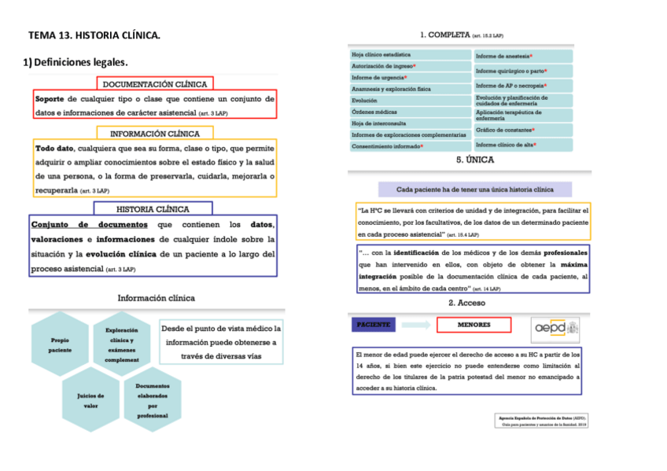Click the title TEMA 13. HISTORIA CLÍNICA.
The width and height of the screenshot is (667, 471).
point(94,35)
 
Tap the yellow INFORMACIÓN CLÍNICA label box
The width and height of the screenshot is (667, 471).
point(155,134)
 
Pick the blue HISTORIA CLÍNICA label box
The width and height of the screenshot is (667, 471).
point(153,209)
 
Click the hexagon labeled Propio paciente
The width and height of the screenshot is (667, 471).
point(61,345)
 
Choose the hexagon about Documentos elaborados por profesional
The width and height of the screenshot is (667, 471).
point(152,400)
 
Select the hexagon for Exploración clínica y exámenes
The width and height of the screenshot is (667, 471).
point(122,344)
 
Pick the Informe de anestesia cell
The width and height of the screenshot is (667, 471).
point(522,56)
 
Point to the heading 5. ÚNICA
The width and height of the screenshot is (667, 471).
point(474,160)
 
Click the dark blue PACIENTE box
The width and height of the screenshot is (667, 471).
point(374,325)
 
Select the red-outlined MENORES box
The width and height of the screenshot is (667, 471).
point(474,325)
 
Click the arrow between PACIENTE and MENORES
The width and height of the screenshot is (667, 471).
point(422,325)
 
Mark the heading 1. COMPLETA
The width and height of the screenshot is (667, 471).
point(462,35)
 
